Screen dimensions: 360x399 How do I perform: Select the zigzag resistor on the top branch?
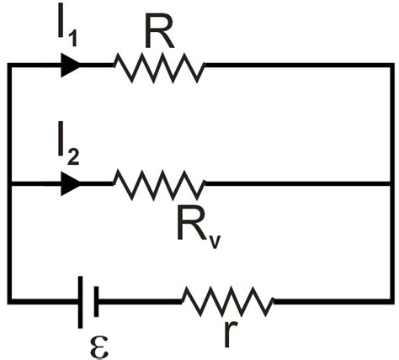(x=160, y=66)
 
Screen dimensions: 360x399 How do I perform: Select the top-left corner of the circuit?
(x=9, y=65)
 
